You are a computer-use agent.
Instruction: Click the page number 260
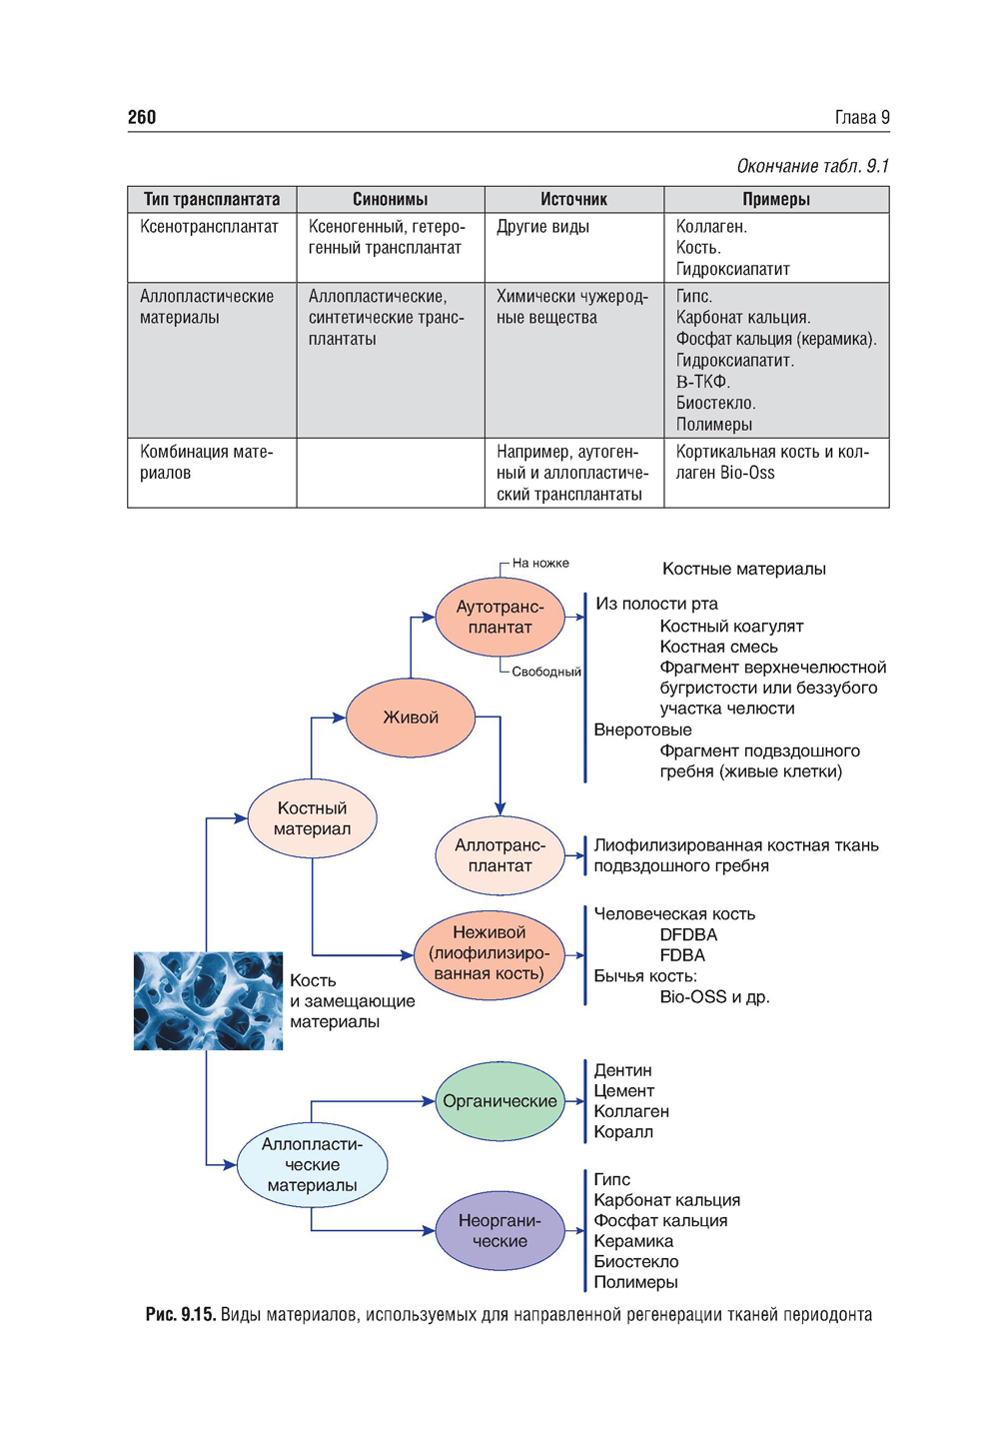[142, 117]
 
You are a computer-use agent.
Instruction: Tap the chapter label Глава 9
[861, 117]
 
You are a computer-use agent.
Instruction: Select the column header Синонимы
[390, 199]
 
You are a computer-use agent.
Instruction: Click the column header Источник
[573, 199]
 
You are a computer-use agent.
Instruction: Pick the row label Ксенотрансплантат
[209, 227]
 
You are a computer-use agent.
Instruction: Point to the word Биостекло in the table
[715, 403]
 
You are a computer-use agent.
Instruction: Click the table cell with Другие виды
[542, 227]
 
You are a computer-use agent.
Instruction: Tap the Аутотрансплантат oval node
[499, 618]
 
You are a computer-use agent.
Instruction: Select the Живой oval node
[411, 718]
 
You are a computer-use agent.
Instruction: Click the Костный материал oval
[312, 818]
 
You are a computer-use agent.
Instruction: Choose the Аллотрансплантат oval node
[499, 855]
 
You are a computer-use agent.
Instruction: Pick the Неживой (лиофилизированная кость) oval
[489, 953]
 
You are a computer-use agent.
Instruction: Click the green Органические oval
[499, 1101]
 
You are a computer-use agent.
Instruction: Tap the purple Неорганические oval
[499, 1231]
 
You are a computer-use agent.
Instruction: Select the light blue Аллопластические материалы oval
[312, 1165]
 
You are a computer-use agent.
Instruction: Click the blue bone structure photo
[208, 1000]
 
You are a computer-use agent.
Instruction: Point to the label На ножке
[540, 563]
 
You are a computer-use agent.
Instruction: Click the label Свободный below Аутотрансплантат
[545, 672]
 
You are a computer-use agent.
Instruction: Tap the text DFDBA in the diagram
[688, 935]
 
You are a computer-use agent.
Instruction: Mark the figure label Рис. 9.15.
[180, 1315]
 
